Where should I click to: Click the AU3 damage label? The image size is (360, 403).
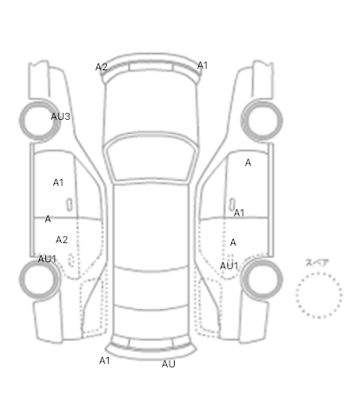60,116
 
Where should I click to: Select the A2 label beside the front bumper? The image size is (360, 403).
102,67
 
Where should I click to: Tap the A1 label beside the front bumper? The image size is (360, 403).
203,65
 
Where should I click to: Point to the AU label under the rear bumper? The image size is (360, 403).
169,364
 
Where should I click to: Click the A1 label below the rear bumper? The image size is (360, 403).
104,360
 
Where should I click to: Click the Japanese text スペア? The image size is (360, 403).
317,263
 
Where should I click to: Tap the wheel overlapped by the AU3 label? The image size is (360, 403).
39,121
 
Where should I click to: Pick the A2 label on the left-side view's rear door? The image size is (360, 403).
62,240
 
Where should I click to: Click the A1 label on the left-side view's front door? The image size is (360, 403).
58,182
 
